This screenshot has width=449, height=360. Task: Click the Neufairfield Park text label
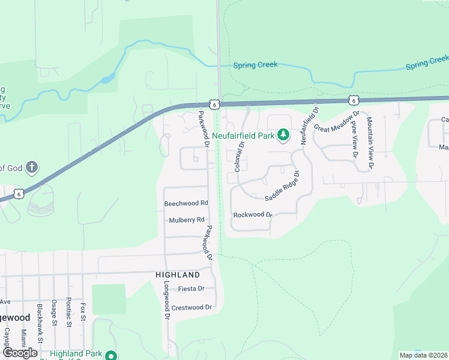243,136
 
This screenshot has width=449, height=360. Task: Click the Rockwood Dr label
253,214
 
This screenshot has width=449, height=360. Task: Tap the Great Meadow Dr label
337,120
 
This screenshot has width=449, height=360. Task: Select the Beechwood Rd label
186,203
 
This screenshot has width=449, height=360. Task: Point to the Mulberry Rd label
187,220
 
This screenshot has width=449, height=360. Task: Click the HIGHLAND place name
178,275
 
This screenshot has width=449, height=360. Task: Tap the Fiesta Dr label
192,289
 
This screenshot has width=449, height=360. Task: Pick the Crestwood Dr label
192,307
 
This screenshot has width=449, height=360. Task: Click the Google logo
20,353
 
